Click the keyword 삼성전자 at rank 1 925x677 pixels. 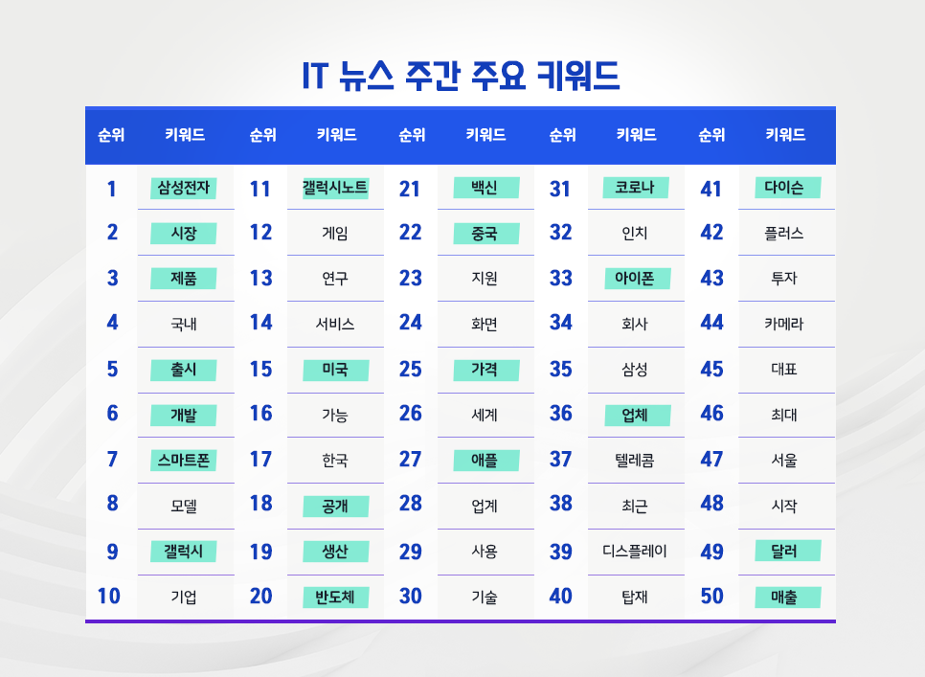click(184, 188)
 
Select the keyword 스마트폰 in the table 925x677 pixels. click(184, 461)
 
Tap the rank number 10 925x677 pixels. click(109, 597)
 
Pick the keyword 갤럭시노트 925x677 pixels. click(335, 188)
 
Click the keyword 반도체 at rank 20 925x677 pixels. click(335, 598)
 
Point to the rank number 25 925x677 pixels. click(410, 370)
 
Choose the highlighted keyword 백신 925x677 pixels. click(485, 188)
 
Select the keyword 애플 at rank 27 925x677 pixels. click(485, 461)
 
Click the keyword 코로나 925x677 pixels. click(635, 188)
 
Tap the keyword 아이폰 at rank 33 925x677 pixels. click(635, 279)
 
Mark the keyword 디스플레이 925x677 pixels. click(635, 552)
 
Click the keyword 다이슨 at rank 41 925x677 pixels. click(785, 188)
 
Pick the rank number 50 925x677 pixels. click(711, 597)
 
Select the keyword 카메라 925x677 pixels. click(785, 324)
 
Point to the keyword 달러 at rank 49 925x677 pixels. click(785, 552)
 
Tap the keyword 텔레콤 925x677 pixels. click(635, 461)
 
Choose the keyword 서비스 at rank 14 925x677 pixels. click(335, 324)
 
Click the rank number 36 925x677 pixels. click(561, 415)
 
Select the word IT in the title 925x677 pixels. click(315, 77)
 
